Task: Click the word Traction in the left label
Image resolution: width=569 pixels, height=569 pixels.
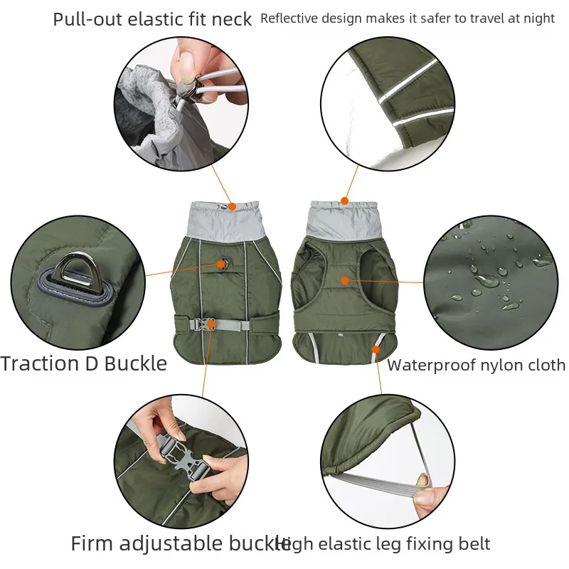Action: pos(41,364)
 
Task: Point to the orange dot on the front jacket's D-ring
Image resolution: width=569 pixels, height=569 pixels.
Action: pos(222,264)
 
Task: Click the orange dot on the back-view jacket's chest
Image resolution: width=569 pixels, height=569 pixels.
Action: pos(345,280)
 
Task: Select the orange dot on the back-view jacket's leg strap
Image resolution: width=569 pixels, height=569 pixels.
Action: pos(376,349)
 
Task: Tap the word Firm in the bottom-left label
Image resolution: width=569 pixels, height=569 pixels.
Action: pos(92,544)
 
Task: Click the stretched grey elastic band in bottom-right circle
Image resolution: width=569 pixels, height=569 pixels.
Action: pos(398,478)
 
